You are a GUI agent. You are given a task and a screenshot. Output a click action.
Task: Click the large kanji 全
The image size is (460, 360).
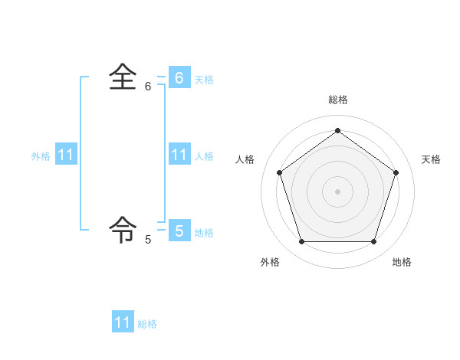coord(123,77)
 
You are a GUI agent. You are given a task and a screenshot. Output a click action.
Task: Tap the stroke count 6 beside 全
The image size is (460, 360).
coord(148,87)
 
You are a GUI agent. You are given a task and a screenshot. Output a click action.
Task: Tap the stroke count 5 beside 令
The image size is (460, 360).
coord(148,240)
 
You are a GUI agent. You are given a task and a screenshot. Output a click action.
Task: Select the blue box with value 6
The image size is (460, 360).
coord(179,77)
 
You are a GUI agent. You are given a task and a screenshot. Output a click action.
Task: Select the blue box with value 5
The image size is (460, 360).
coord(179,230)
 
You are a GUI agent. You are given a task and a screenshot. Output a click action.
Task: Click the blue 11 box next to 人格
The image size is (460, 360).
coord(179,155)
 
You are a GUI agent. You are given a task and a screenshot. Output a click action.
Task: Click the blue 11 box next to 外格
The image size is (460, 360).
coord(66,155)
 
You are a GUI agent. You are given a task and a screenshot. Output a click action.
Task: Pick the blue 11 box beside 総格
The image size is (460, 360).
coord(123,322)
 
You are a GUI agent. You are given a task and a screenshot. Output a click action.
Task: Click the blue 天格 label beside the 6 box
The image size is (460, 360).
coord(204,80)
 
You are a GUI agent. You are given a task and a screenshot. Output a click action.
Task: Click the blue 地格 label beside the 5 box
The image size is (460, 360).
coord(204,233)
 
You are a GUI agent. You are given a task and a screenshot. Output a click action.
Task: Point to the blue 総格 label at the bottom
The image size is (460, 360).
coord(147,325)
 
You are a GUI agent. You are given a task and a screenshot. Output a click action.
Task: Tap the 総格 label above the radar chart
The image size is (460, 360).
coord(337,100)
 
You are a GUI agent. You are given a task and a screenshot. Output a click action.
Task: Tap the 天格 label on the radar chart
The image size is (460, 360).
coord(431,159)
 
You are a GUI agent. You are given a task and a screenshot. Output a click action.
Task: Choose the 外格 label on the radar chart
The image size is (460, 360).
coord(270,262)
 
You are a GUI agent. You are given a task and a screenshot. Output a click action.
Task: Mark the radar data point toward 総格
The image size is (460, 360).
coord(337,130)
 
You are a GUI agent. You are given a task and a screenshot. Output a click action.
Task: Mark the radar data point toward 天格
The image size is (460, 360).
coord(396,172)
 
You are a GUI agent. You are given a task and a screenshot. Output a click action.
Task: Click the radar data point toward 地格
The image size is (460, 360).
coord(373,242)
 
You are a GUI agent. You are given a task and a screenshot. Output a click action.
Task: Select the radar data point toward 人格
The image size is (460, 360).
coord(279,172)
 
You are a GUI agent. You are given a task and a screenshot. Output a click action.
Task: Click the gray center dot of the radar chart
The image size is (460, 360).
coord(337,191)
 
